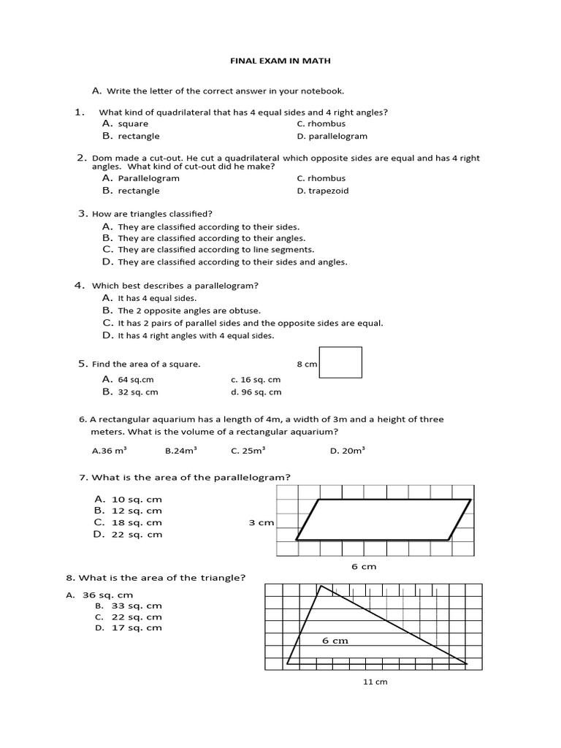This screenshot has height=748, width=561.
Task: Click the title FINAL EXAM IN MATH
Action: point(280,61)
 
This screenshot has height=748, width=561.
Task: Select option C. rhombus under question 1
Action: point(321,123)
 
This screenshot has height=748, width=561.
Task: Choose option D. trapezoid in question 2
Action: point(323,191)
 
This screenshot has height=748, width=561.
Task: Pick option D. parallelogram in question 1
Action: point(332,136)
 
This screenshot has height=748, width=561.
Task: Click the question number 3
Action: point(83,213)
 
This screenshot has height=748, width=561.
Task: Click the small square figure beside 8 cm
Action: point(340,362)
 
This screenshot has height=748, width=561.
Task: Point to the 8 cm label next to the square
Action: point(307,364)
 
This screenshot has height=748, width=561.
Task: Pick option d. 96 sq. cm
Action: point(256,392)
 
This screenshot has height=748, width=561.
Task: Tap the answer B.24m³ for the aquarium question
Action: point(181,451)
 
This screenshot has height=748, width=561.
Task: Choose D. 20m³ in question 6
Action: point(347,451)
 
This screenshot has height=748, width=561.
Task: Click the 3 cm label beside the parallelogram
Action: point(261,522)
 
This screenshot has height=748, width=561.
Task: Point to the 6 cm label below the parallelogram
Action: point(364,566)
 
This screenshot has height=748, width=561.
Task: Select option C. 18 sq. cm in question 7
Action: point(128,522)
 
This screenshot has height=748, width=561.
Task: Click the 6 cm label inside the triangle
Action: point(335,641)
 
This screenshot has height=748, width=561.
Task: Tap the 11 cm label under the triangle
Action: point(375,682)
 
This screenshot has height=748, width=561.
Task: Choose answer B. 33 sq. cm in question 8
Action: point(129,606)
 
